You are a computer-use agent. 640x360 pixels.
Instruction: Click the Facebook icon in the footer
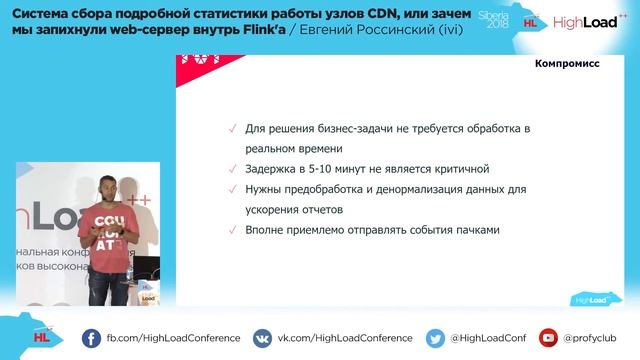pyautogui.click(x=91, y=338)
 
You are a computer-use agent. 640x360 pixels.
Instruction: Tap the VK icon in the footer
pyautogui.click(x=262, y=338)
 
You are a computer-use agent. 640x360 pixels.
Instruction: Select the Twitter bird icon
pyautogui.click(x=435, y=338)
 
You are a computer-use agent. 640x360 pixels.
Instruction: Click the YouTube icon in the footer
pyautogui.click(x=548, y=338)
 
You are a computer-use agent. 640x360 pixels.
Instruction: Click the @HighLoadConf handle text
pyautogui.click(x=488, y=338)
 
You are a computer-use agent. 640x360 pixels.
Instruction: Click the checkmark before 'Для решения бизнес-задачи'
pyautogui.click(x=233, y=130)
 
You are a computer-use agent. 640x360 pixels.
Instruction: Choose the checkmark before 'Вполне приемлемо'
pyautogui.click(x=233, y=230)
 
